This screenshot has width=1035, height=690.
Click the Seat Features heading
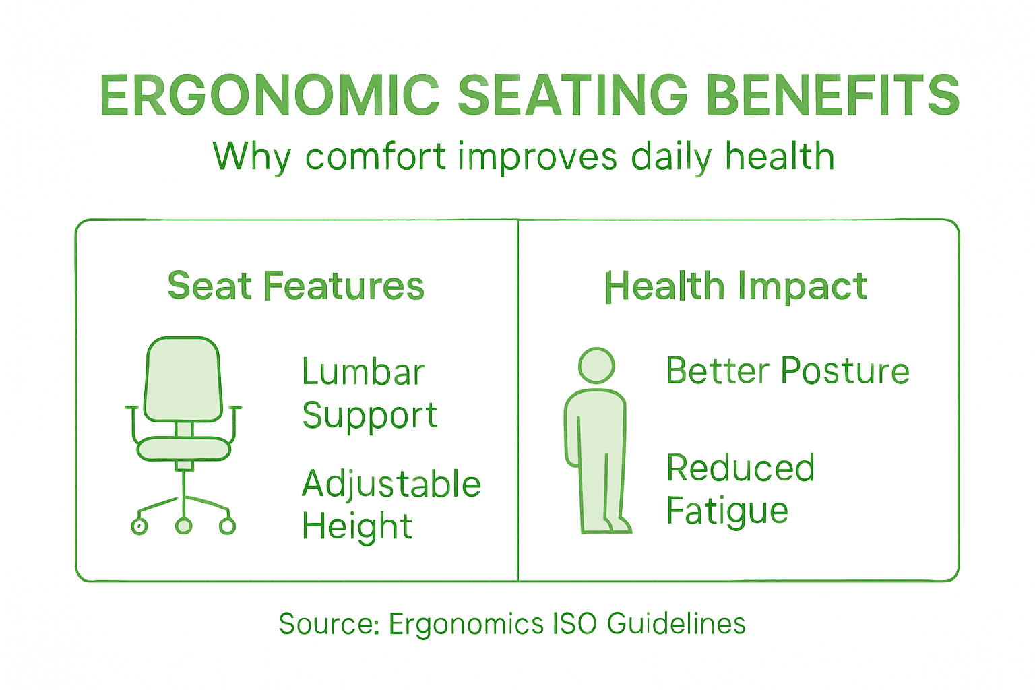[296, 286]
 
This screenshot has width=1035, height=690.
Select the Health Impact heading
[735, 286]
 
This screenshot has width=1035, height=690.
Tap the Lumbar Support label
[369, 393]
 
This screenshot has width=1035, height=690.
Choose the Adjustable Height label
[391, 505]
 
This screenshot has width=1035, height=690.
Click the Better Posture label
[788, 371]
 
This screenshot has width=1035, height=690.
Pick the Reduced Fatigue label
[740, 489]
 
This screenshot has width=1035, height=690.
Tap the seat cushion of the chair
[183, 449]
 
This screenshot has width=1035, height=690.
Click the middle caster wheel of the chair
[183, 526]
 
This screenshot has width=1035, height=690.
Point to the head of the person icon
[596, 366]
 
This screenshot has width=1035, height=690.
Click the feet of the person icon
[606, 525]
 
